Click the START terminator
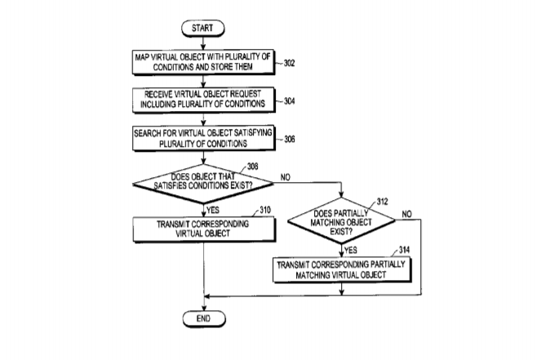click(x=203, y=28)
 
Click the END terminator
click(x=204, y=318)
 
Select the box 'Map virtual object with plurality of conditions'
click(x=203, y=62)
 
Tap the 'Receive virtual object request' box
click(x=203, y=100)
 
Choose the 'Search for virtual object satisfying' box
click(x=203, y=138)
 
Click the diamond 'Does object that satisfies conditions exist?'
click(x=203, y=184)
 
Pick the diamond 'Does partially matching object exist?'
click(x=341, y=220)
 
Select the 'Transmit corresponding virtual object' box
click(x=204, y=229)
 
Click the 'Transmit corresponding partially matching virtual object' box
click(x=342, y=270)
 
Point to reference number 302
click(x=289, y=63)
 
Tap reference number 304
click(x=289, y=101)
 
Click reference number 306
click(x=289, y=139)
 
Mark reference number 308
click(x=253, y=167)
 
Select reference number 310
click(x=265, y=210)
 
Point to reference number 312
click(x=382, y=202)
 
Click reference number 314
click(x=405, y=250)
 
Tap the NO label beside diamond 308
click(x=286, y=177)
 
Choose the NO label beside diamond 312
click(x=407, y=215)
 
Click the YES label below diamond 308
click(x=212, y=210)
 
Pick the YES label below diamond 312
click(x=351, y=251)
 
